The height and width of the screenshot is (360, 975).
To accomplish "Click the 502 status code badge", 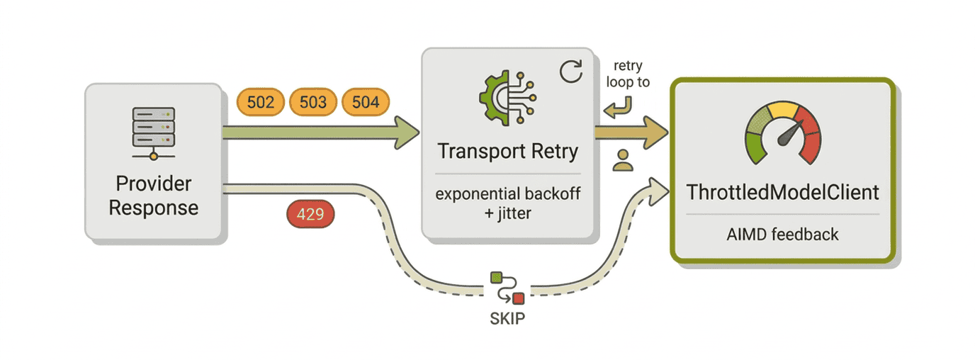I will click(x=261, y=102).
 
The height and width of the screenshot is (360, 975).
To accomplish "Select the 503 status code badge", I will click(x=312, y=102).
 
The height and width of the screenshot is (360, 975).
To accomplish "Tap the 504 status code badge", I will click(x=366, y=102).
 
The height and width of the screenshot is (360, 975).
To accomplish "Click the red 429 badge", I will click(x=310, y=213).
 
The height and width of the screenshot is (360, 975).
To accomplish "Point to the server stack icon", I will click(x=153, y=132).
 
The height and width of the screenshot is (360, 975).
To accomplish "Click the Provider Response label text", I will click(x=154, y=196).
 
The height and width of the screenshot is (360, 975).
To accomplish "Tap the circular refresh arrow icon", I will click(x=570, y=72).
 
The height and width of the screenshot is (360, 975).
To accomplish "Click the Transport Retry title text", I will click(x=507, y=152).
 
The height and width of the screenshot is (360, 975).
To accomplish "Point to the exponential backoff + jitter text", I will click(x=507, y=202).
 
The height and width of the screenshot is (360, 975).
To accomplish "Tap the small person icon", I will click(x=623, y=160).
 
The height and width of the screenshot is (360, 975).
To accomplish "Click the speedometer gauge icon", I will click(x=782, y=132).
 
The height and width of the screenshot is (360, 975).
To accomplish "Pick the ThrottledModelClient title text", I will click(x=782, y=191).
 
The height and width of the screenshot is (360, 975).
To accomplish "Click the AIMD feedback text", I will click(x=782, y=234).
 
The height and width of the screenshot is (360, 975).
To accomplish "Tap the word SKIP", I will click(x=507, y=318).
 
